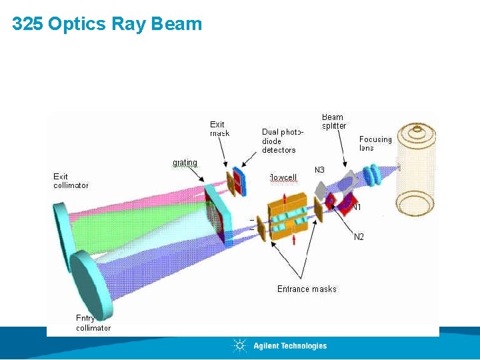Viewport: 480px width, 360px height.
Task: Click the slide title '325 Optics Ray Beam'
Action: point(107,24)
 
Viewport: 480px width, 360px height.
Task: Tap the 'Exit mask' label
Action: point(219,129)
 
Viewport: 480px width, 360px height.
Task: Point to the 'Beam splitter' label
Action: point(334,121)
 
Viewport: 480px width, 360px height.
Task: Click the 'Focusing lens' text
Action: point(375,143)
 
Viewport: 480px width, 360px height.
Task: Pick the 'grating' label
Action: point(185,163)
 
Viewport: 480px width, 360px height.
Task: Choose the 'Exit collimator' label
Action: point(71,181)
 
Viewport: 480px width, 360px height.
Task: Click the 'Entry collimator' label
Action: point(93,323)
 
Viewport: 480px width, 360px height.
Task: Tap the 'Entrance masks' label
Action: point(307,289)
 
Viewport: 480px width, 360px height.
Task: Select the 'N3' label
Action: point(319,170)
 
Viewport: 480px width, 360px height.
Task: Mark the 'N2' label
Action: point(359,236)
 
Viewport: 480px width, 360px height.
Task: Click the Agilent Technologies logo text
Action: point(290,345)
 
